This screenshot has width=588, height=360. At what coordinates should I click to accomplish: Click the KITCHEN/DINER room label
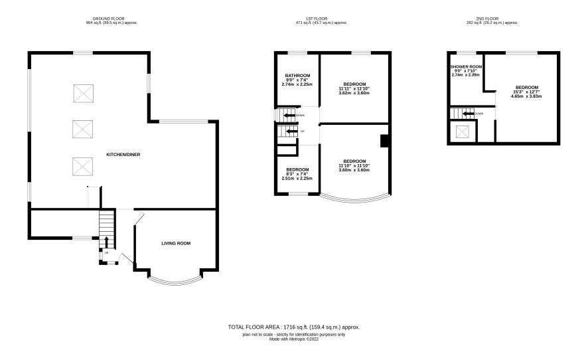[123, 155]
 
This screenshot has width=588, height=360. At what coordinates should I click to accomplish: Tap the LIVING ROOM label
[176, 243]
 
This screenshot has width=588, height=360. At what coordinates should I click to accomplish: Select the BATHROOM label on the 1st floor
[297, 76]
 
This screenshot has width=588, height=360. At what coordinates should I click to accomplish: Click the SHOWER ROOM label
[466, 67]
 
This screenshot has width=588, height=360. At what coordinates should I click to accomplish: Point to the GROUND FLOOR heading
[108, 19]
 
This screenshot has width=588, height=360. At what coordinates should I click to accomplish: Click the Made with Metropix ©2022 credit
[294, 339]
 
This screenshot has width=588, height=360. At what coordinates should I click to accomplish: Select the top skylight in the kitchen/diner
[83, 94]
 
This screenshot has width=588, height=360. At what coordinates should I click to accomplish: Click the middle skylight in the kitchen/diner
[82, 129]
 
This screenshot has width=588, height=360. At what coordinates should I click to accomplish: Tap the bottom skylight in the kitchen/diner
[82, 166]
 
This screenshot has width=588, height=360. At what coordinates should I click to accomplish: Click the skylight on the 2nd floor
[463, 132]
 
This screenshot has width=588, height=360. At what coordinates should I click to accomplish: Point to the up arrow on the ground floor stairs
[106, 242]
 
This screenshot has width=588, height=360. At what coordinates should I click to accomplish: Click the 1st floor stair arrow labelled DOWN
[289, 116]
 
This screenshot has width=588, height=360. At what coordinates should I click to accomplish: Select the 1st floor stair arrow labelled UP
[292, 132]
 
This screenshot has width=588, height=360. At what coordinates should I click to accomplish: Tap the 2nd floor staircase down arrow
[469, 114]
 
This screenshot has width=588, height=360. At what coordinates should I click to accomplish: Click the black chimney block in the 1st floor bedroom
[384, 141]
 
